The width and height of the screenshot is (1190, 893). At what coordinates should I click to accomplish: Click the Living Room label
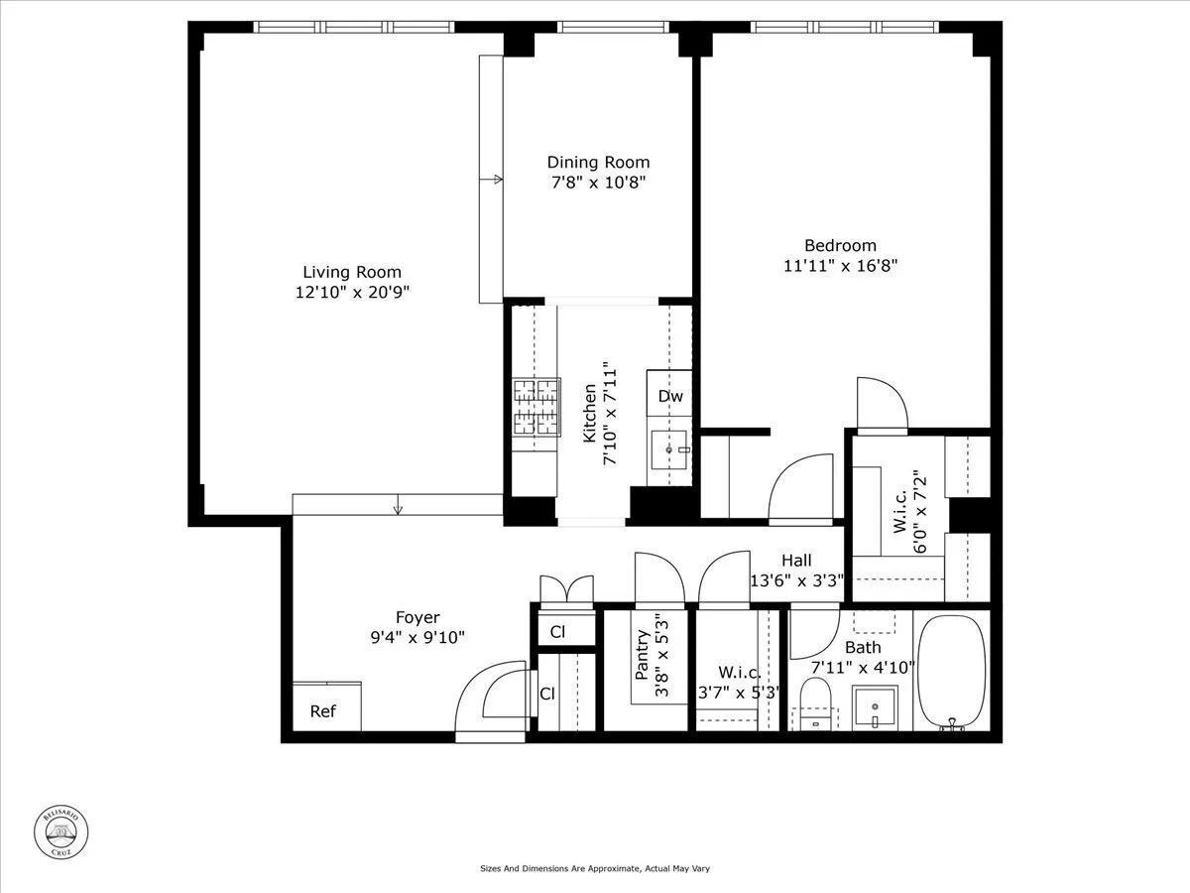click(352, 272)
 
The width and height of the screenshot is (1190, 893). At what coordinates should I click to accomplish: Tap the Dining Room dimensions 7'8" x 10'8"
click(599, 183)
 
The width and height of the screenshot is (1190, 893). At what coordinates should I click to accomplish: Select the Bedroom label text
click(840, 246)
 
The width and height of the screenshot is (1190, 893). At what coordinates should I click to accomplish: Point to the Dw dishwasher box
click(670, 397)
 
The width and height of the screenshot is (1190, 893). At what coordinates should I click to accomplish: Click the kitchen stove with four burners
click(535, 408)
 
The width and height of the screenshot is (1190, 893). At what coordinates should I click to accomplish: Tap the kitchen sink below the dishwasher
click(671, 451)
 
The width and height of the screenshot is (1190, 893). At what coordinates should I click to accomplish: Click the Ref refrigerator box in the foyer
click(322, 711)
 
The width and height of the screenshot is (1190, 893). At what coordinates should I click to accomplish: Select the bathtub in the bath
click(951, 673)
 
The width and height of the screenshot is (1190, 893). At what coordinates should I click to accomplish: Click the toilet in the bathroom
click(816, 702)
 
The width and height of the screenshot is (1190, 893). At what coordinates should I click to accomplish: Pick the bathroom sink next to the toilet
click(876, 707)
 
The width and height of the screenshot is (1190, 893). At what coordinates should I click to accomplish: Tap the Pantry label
click(642, 655)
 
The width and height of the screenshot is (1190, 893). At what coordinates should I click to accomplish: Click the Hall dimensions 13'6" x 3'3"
click(795, 580)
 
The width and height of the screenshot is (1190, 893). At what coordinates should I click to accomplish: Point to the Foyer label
click(416, 617)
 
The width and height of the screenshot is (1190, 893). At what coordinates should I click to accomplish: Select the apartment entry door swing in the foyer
click(493, 700)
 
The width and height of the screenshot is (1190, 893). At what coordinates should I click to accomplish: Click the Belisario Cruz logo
click(61, 830)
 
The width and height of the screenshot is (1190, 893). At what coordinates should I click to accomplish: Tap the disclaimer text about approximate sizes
click(594, 868)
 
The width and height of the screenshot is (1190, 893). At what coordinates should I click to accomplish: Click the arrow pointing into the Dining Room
click(493, 180)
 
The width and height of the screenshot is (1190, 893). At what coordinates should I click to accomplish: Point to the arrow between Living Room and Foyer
click(399, 509)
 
